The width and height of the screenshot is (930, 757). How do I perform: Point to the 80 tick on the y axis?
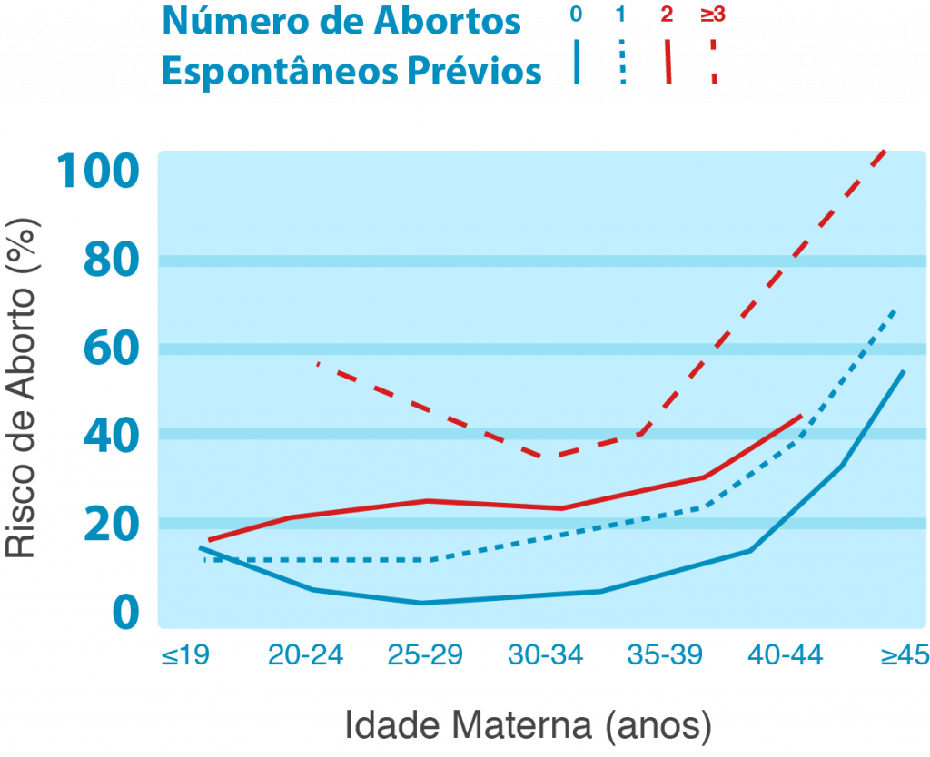pyautogui.click(x=111, y=261)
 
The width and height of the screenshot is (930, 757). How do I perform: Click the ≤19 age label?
pyautogui.click(x=185, y=654)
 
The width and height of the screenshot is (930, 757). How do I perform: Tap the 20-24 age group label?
pyautogui.click(x=305, y=654)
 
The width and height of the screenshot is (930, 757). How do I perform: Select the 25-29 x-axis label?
pyautogui.click(x=425, y=654)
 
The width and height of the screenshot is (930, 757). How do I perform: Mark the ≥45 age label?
pyautogui.click(x=903, y=654)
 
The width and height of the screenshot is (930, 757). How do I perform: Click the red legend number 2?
pyautogui.click(x=667, y=15)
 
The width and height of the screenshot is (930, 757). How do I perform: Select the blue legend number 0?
pyautogui.click(x=575, y=15)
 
